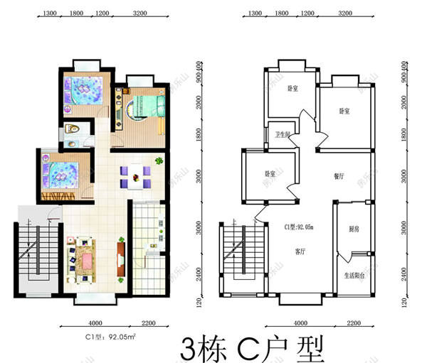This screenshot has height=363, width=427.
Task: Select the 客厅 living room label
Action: click(300, 251)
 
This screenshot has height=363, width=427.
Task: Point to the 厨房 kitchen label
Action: click(354, 229)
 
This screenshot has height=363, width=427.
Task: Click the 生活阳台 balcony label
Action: click(355, 275)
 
